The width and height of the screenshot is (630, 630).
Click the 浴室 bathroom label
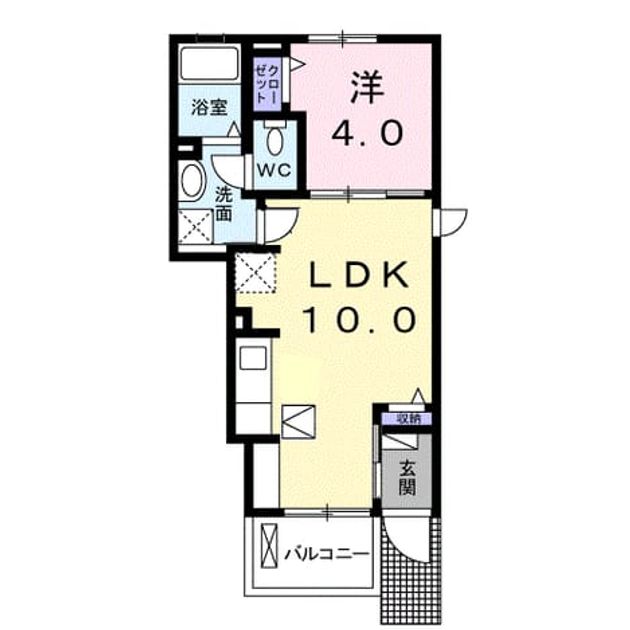pos(209,107)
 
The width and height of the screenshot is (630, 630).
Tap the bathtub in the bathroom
pos(209,63)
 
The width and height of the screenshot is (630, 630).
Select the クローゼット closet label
pos(267,85)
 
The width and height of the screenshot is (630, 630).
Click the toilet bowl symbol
pos(275,140)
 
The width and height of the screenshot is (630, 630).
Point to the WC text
pos(274,170)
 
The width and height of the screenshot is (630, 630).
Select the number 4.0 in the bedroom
pos(367,133)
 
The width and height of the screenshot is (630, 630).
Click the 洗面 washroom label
pos(224,205)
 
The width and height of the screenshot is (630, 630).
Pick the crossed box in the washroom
pos(195,226)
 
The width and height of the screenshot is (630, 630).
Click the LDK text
pos(359,274)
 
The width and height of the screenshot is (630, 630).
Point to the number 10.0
pos(360,319)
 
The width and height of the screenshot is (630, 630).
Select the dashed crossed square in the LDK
pos(256,272)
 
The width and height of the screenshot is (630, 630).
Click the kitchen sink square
pos(253,358)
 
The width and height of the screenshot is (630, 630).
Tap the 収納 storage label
pos(409,419)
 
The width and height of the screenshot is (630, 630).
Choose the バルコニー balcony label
pos(326,555)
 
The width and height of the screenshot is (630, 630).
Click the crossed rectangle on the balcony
pos(269,546)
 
